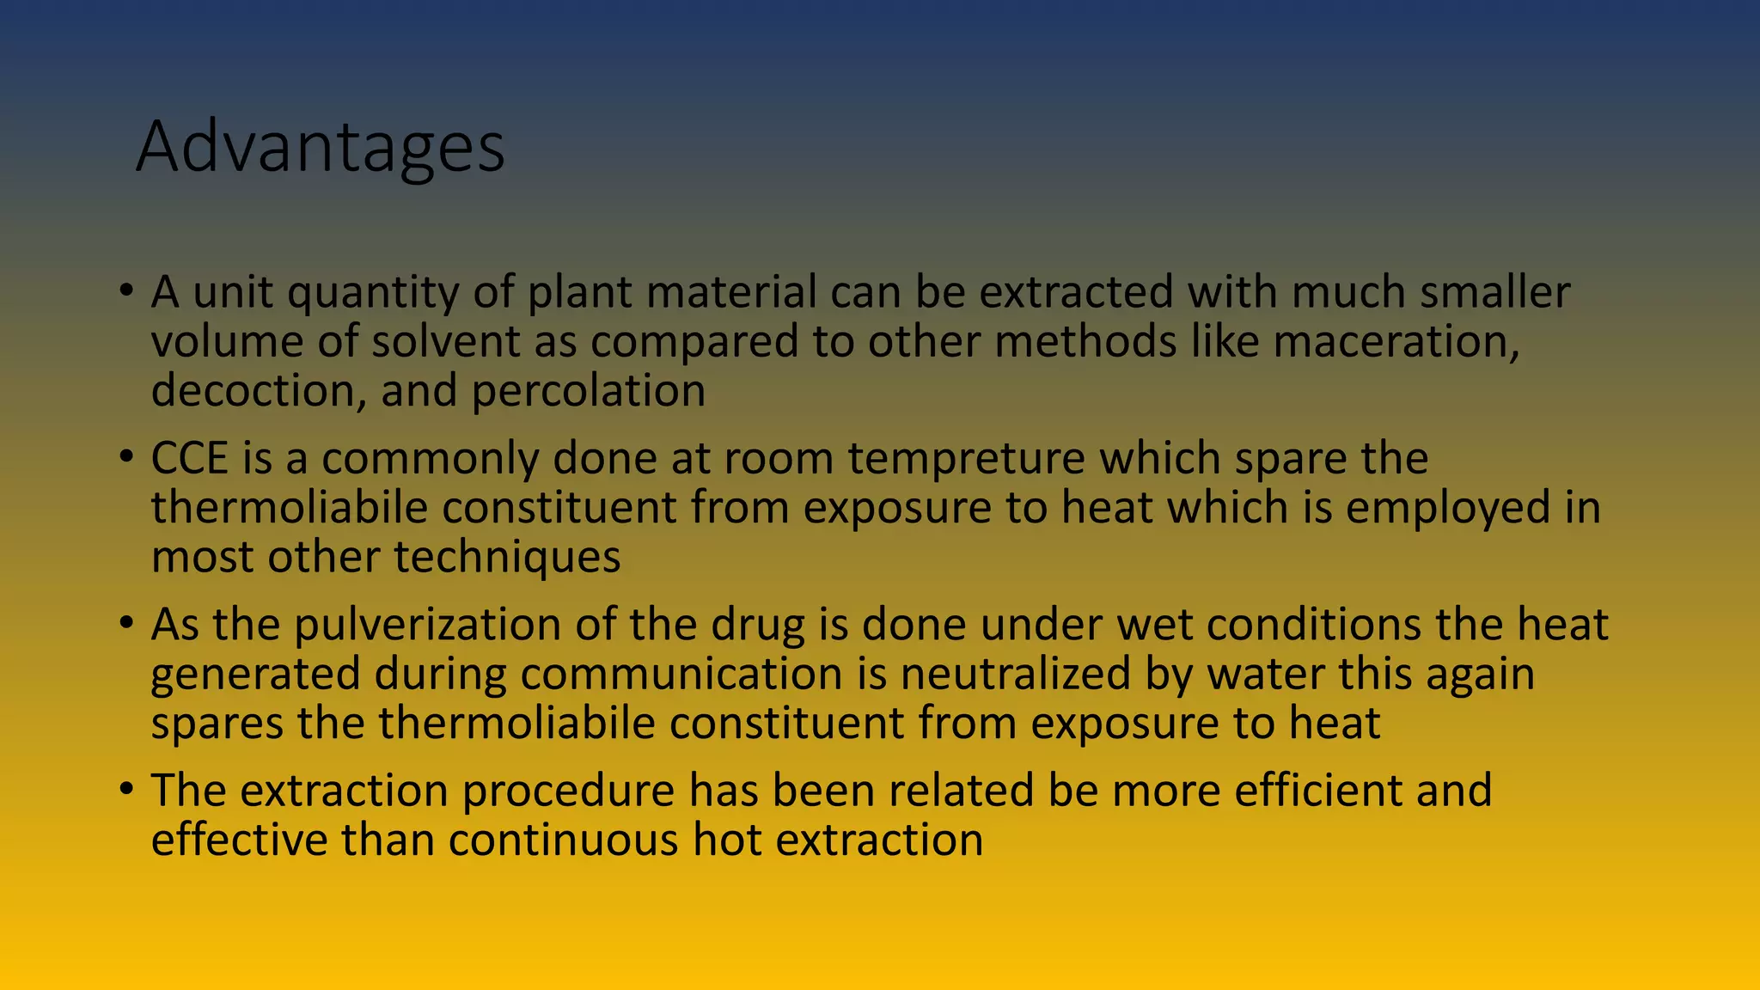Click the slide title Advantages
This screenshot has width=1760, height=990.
coord(320,148)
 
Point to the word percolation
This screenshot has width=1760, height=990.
coord(588,391)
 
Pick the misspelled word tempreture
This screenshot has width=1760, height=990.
coord(967,458)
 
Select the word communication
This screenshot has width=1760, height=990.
coord(681,674)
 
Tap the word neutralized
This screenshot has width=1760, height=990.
coord(1015,674)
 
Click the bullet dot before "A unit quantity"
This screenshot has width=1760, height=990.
coord(126,290)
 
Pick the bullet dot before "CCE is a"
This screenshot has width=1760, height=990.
coord(126,456)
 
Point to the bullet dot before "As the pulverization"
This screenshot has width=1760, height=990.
coord(126,623)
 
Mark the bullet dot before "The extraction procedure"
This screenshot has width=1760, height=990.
coord(126,789)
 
